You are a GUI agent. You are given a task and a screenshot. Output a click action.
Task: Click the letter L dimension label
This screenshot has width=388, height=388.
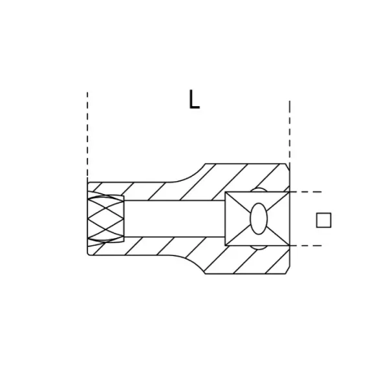[194, 99]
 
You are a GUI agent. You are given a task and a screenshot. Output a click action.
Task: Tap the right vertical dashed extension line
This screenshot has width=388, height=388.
[290, 132]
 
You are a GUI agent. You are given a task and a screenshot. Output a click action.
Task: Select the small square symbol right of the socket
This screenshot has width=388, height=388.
[324, 220]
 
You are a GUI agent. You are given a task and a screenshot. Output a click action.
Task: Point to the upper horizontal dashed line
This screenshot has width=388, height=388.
[306, 192]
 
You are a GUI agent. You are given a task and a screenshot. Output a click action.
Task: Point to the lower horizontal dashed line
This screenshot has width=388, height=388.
[306, 246]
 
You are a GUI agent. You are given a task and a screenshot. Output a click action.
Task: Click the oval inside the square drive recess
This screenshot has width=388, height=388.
[259, 219]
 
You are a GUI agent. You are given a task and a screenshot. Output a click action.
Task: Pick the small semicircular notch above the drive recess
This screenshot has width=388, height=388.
[259, 189]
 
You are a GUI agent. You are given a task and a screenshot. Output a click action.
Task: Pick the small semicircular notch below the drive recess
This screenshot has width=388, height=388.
[259, 248]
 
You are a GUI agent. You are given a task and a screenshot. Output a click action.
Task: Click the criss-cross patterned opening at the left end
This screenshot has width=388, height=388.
[105, 219]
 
